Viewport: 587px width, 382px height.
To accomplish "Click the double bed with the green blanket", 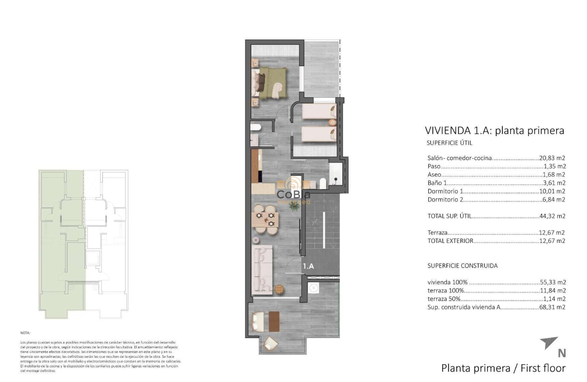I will (x=271, y=83).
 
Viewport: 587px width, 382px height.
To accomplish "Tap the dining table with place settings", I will (x=264, y=219).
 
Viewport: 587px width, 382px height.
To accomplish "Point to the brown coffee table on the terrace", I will (x=273, y=321).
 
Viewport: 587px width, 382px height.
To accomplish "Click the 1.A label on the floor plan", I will (x=309, y=266).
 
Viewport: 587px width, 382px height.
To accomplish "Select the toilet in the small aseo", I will (x=255, y=128).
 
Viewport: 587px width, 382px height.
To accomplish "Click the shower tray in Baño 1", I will (x=336, y=175).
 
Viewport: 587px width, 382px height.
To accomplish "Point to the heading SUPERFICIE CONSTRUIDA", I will (x=462, y=266).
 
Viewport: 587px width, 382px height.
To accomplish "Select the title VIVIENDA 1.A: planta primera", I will (x=494, y=131).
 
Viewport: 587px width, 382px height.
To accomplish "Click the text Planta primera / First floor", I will (x=503, y=368).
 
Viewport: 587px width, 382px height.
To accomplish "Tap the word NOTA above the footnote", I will (x=25, y=333).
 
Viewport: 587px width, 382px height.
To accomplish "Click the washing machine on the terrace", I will (x=313, y=288).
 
